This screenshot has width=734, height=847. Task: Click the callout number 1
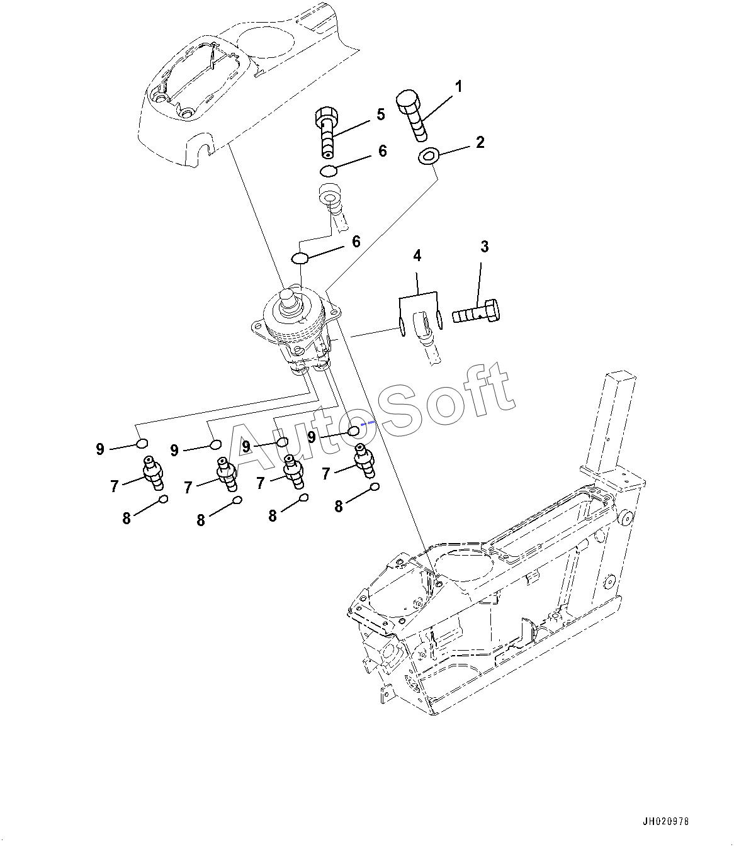459,86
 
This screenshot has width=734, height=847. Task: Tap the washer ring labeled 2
429,155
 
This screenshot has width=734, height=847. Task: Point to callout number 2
480,142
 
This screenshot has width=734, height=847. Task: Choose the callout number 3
484,247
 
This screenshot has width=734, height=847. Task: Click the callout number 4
417,255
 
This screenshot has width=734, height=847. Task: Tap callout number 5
380,115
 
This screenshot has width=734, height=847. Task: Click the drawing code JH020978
666,822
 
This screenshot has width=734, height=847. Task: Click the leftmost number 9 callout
100,449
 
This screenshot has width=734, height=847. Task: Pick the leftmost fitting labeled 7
154,472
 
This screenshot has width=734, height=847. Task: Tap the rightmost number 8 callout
339,506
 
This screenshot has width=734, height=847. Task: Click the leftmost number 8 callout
127,518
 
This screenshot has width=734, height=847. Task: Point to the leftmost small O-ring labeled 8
163,500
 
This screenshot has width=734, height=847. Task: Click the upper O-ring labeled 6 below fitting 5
328,171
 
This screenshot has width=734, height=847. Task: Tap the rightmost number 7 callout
326,473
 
